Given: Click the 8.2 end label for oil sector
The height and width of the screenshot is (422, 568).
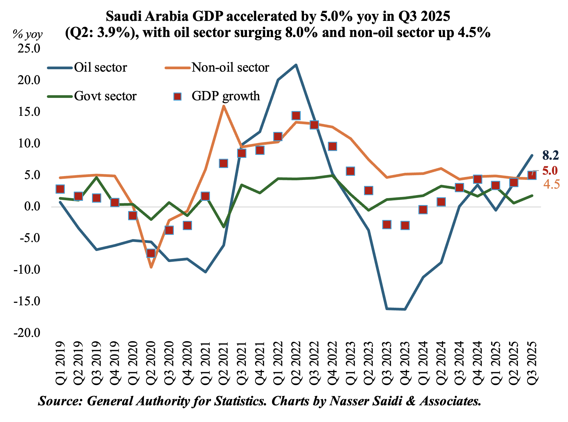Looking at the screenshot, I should (550, 155).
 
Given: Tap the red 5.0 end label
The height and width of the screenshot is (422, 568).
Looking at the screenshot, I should (550, 171).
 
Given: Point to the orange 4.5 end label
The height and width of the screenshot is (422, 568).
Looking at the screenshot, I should (551, 185).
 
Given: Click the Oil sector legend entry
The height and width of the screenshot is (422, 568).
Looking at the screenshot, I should (100, 68).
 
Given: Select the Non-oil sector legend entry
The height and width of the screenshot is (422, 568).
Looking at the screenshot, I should (230, 68).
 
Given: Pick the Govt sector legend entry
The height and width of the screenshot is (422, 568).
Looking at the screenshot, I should (105, 96).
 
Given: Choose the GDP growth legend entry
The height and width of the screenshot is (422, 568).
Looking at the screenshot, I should (225, 96).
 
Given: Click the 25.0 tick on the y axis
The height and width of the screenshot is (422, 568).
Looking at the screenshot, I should (29, 48).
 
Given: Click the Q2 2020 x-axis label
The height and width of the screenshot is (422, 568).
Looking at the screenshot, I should (151, 362).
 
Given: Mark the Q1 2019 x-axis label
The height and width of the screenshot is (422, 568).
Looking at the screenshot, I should (60, 362).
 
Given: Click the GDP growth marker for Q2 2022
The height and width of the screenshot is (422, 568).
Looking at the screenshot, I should (296, 116).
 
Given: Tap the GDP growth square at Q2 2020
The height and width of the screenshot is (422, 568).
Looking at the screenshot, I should (151, 253).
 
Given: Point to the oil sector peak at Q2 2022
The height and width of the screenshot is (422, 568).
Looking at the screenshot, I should (296, 65).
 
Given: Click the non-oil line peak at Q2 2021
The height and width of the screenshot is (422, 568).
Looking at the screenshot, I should (224, 106).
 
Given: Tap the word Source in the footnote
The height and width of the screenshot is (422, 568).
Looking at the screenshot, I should (60, 401).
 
